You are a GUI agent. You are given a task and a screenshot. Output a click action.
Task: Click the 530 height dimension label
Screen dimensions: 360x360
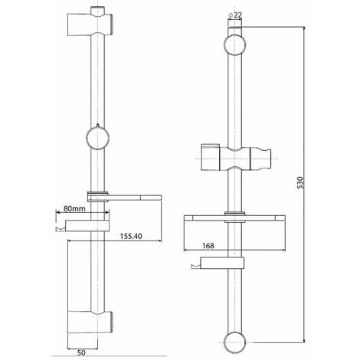point(300,182)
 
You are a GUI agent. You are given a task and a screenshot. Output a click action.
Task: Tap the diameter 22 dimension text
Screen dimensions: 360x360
point(235,15)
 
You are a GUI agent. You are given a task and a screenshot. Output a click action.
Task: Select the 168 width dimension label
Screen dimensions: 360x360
point(208,246)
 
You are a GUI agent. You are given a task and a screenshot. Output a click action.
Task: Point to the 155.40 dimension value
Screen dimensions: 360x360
point(131,236)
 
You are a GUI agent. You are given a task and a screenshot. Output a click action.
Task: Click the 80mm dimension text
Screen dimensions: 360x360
point(74,208)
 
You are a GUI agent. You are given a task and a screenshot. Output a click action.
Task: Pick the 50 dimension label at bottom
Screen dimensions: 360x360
point(81,352)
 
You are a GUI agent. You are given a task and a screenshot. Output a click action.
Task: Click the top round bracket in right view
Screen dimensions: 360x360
point(235,44)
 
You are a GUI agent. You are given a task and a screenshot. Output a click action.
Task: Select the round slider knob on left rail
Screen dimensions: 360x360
point(98,138)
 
